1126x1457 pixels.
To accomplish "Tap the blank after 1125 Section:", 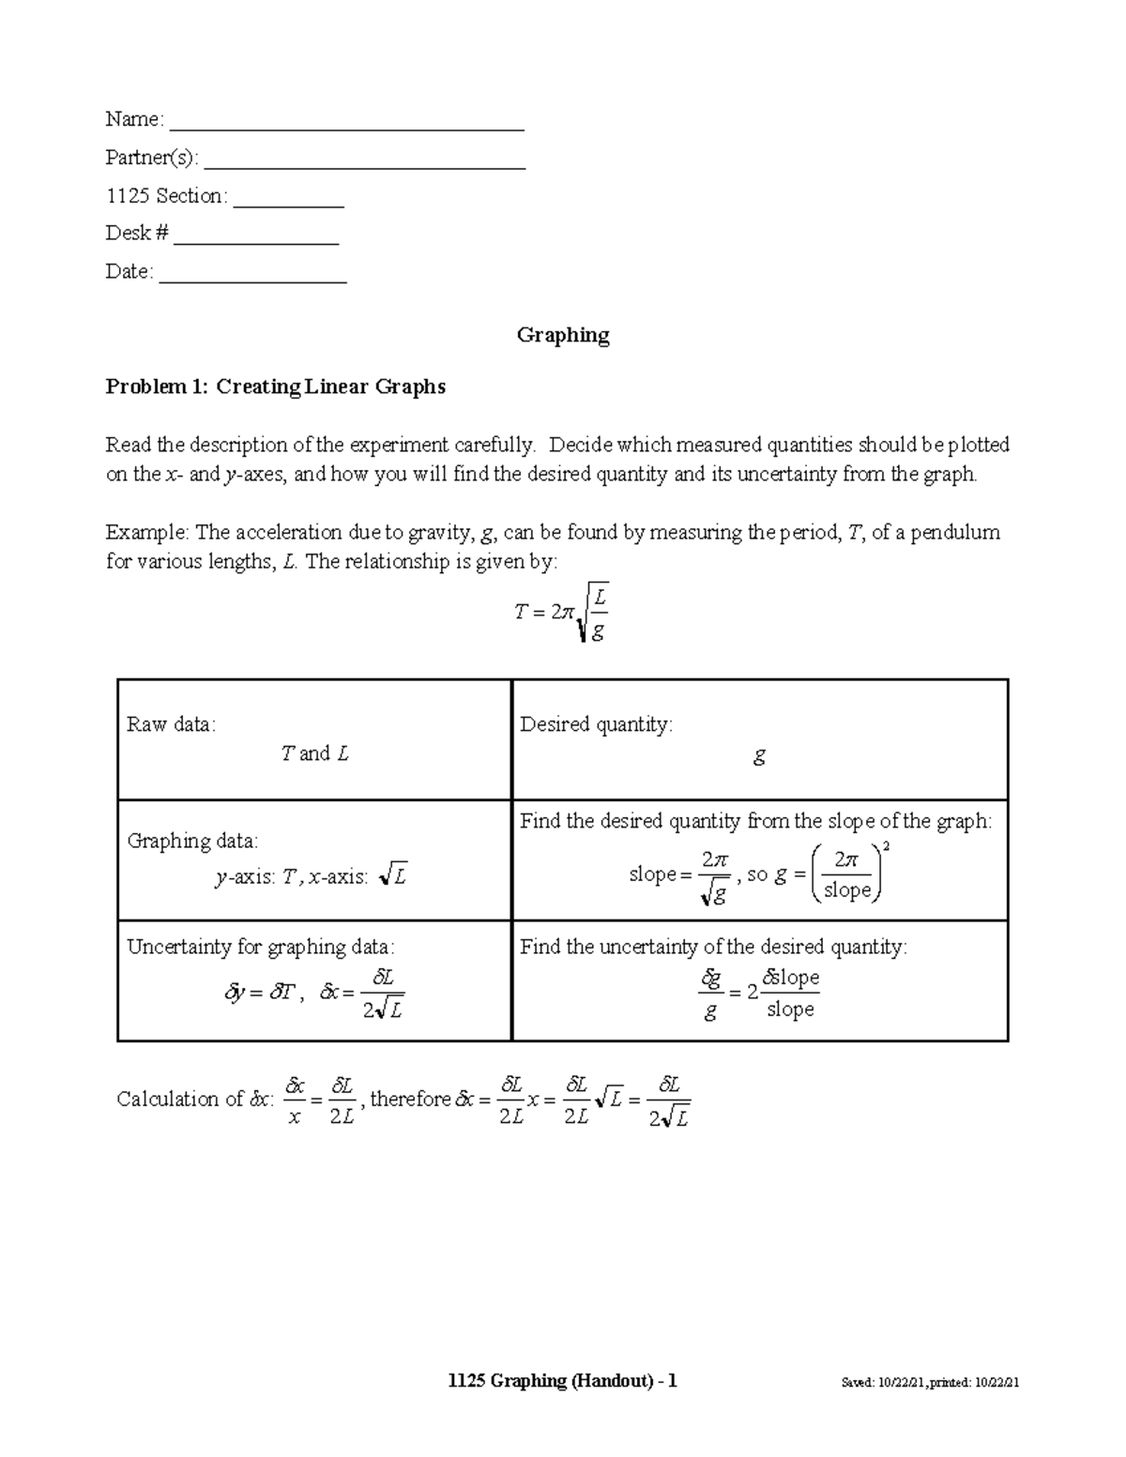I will click(x=289, y=203).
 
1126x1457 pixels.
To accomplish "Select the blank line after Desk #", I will click(x=255, y=241).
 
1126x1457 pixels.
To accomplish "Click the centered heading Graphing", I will click(x=563, y=335).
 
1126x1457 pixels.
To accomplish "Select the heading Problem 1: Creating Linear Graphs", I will click(x=275, y=387).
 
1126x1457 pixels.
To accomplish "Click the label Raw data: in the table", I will click(x=171, y=724).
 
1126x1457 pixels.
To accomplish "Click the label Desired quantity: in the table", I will click(x=596, y=724).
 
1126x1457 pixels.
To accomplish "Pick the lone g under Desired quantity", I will click(x=759, y=755).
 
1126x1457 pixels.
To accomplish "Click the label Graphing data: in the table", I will click(x=191, y=841).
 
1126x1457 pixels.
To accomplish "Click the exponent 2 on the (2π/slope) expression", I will click(x=887, y=847).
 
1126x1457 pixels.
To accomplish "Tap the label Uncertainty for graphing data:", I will click(x=261, y=947).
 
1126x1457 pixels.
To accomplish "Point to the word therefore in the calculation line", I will click(x=411, y=1099).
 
